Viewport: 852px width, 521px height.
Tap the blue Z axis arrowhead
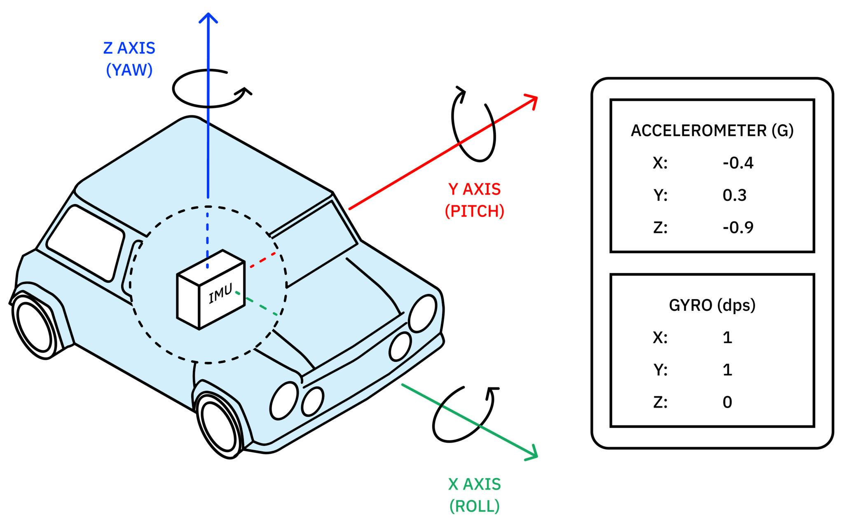[208, 17]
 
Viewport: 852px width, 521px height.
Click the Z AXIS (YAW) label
[129, 59]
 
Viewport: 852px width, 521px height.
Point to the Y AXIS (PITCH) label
[475, 200]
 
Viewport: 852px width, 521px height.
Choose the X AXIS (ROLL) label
[474, 495]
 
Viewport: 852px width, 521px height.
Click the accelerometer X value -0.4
[738, 163]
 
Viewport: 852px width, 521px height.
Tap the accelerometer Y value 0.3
[734, 195]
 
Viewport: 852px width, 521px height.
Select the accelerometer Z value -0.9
[738, 228]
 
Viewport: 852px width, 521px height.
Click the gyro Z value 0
[727, 402]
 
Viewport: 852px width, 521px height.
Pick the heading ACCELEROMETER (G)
[712, 131]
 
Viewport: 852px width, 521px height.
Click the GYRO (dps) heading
[712, 305]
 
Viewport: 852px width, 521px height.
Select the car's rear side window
[86, 243]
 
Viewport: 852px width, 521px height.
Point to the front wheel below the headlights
[218, 427]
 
